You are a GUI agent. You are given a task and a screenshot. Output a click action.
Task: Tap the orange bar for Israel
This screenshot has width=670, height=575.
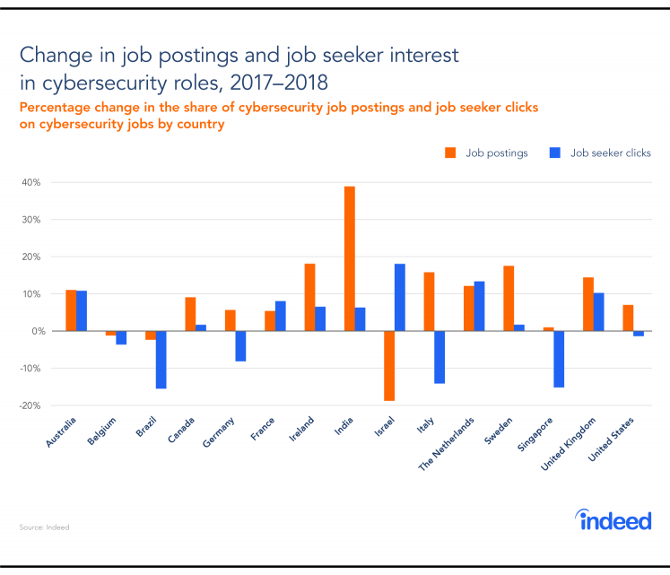(x=388, y=365)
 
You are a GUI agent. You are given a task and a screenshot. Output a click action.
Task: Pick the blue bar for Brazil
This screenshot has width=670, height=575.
(x=161, y=359)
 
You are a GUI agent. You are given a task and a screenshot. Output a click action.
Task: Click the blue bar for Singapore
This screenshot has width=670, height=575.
(x=559, y=359)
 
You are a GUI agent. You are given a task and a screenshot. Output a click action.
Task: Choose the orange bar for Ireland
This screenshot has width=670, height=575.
(x=309, y=297)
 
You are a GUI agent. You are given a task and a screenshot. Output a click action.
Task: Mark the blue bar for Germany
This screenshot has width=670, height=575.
(x=240, y=345)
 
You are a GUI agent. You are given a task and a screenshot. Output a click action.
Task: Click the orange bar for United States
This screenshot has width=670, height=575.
(x=628, y=318)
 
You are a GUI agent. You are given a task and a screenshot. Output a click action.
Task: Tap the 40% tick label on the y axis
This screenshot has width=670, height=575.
(x=33, y=182)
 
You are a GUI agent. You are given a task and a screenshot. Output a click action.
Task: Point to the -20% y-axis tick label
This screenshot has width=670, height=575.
(x=31, y=405)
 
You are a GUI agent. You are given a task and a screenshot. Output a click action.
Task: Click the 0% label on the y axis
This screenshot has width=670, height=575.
(x=37, y=331)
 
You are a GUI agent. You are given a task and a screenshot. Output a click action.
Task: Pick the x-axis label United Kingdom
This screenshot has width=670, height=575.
(x=574, y=444)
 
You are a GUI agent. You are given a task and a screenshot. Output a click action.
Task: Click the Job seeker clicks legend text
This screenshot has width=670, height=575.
(x=612, y=152)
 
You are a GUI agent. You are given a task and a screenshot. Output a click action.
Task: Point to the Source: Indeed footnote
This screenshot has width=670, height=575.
(x=44, y=527)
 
